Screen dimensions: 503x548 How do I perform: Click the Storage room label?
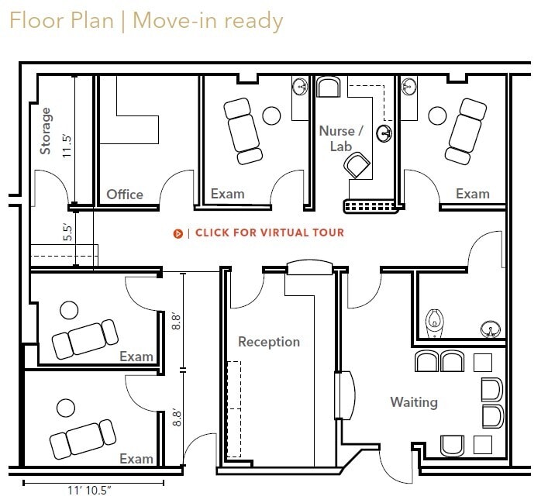[46, 130]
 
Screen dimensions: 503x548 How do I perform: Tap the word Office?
[125, 194]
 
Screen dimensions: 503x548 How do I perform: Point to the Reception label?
[268, 342]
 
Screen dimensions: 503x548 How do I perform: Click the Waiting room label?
[413, 402]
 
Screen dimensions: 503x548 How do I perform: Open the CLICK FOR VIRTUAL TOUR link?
[269, 233]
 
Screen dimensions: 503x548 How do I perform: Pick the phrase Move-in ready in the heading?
[207, 20]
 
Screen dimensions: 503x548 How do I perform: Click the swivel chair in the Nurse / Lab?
[357, 164]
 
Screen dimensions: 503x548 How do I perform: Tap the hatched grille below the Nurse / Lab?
[370, 205]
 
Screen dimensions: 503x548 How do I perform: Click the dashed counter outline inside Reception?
[233, 409]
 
